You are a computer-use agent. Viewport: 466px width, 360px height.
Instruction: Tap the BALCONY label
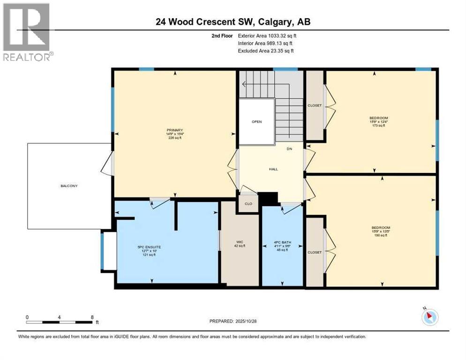coord(69,186)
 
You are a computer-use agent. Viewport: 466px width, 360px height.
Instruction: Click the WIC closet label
coord(240,242)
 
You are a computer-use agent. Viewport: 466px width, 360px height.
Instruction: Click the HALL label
coord(273,169)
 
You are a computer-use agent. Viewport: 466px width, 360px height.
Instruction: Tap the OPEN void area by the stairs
coord(256,121)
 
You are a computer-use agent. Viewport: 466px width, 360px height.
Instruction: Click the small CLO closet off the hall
coord(248,204)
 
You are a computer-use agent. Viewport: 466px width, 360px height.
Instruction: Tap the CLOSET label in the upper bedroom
coord(315,105)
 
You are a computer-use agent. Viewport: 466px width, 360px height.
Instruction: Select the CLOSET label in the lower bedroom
coord(315,252)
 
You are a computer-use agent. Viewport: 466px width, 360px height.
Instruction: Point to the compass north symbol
coord(430,317)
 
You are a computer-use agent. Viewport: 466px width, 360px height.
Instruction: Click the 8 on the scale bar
coord(92,317)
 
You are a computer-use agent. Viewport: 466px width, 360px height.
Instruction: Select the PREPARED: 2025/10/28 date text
coord(233,321)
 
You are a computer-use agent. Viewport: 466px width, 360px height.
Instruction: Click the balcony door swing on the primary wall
coord(107,164)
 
